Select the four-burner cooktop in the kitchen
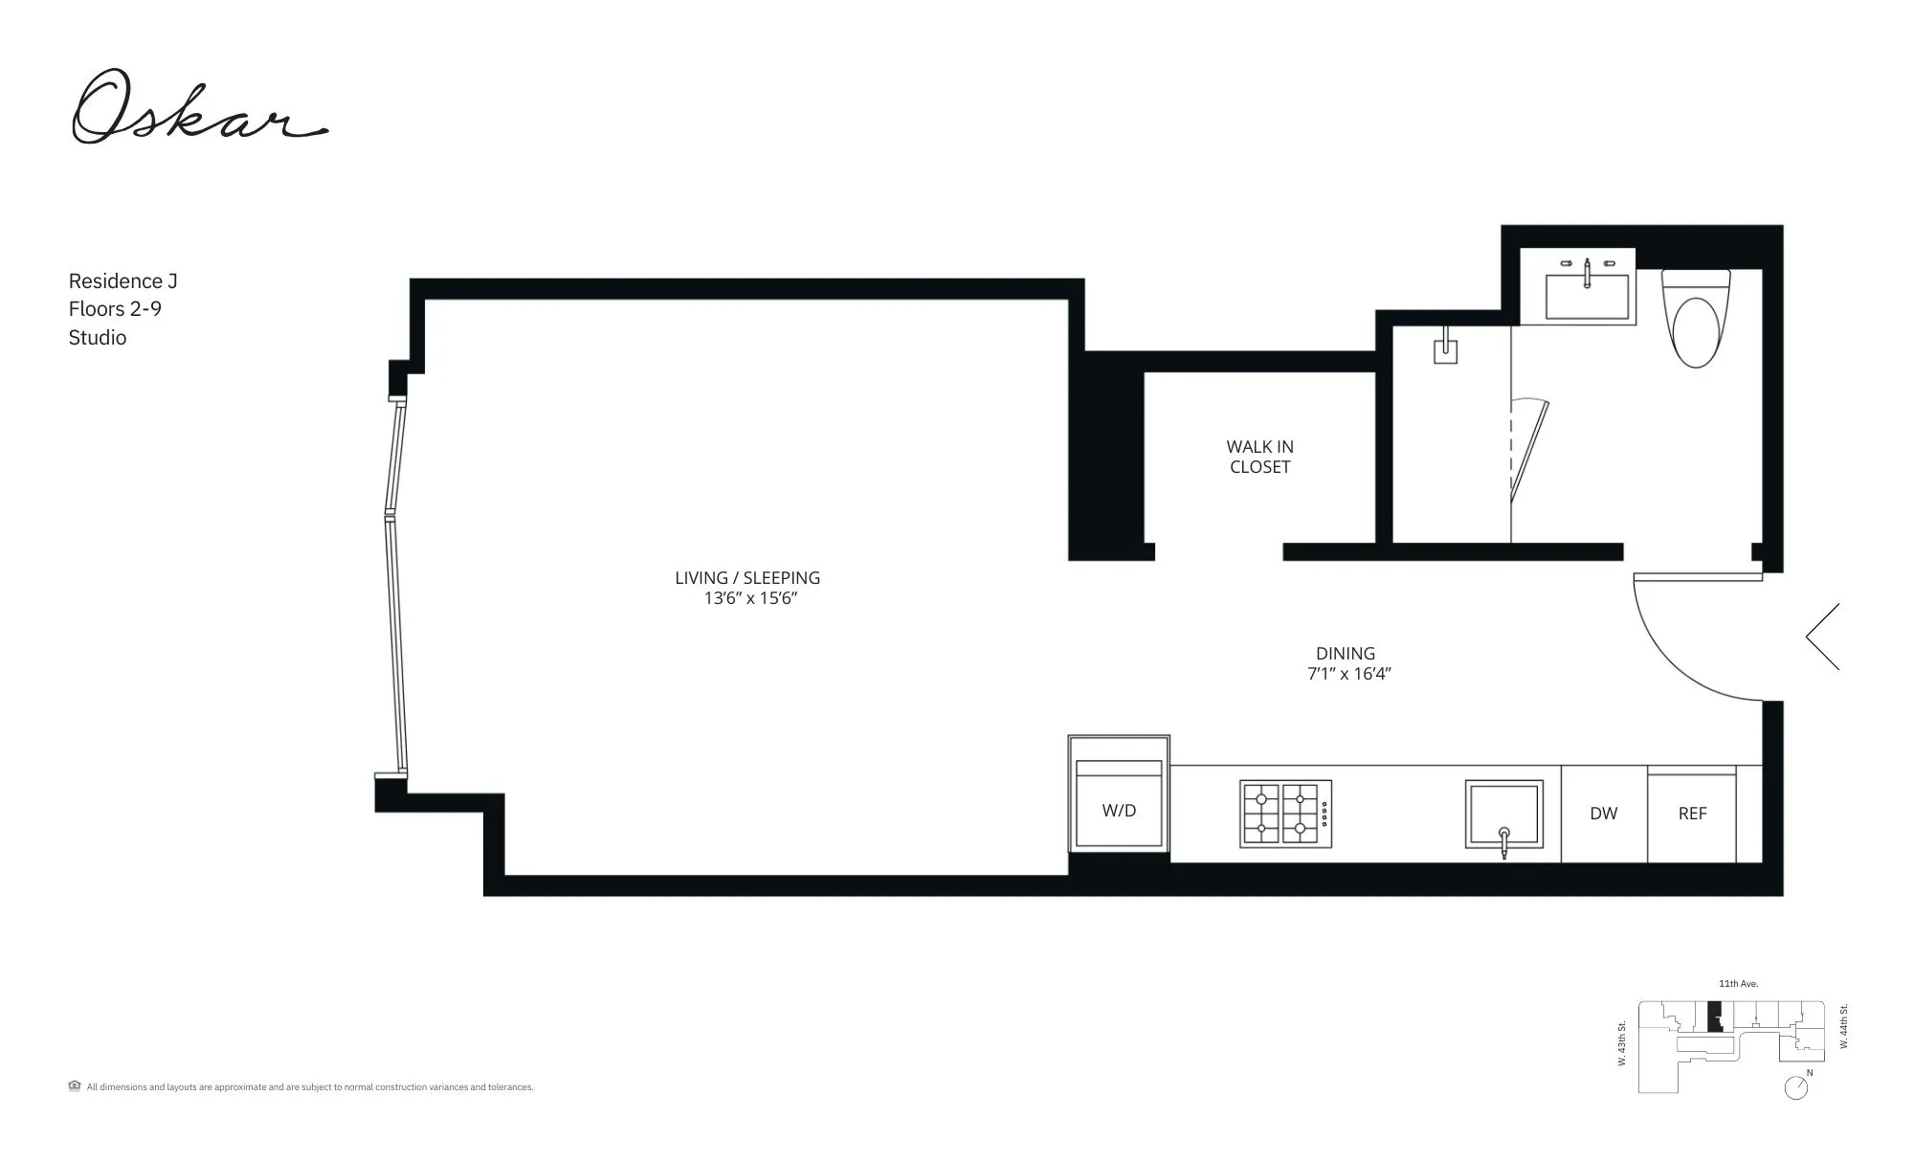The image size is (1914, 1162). click(x=1285, y=814)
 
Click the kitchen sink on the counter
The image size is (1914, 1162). click(x=1503, y=814)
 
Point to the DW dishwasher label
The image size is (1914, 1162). click(x=1603, y=814)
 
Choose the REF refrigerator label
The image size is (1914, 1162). click(x=1692, y=814)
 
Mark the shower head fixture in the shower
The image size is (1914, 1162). click(x=1445, y=347)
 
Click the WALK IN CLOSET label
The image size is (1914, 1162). click(x=1259, y=457)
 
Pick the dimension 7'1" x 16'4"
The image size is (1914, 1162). click(x=1348, y=674)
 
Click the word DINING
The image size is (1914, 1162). click(x=1345, y=653)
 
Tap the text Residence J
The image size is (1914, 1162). click(x=122, y=281)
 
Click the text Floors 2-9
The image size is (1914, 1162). click(x=115, y=309)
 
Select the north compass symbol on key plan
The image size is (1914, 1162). click(x=1796, y=1087)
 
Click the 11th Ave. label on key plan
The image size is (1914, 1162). click(x=1738, y=984)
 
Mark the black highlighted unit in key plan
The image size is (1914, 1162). click(x=1715, y=1016)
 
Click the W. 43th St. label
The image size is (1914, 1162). click(x=1622, y=1043)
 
